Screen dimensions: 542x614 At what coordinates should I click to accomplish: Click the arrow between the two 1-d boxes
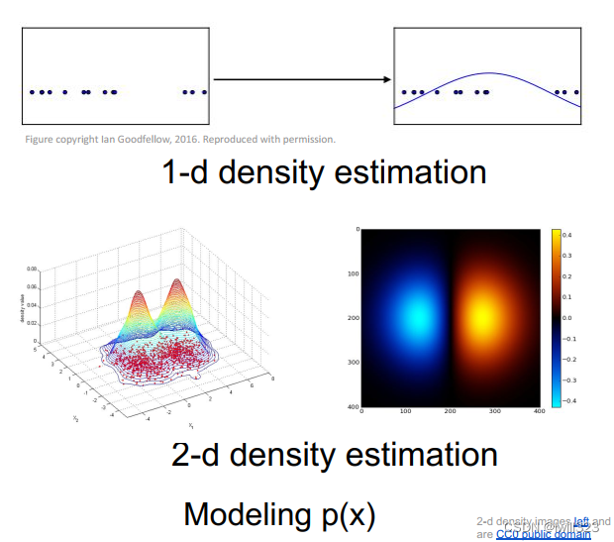pos(301,78)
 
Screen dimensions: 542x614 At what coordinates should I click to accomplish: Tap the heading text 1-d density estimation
pos(324,172)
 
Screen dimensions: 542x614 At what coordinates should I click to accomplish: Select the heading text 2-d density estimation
pos(335,455)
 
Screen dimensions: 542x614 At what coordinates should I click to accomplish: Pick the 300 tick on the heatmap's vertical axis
pos(353,362)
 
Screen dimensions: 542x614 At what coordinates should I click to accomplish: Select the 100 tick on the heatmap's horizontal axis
pos(407,411)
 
